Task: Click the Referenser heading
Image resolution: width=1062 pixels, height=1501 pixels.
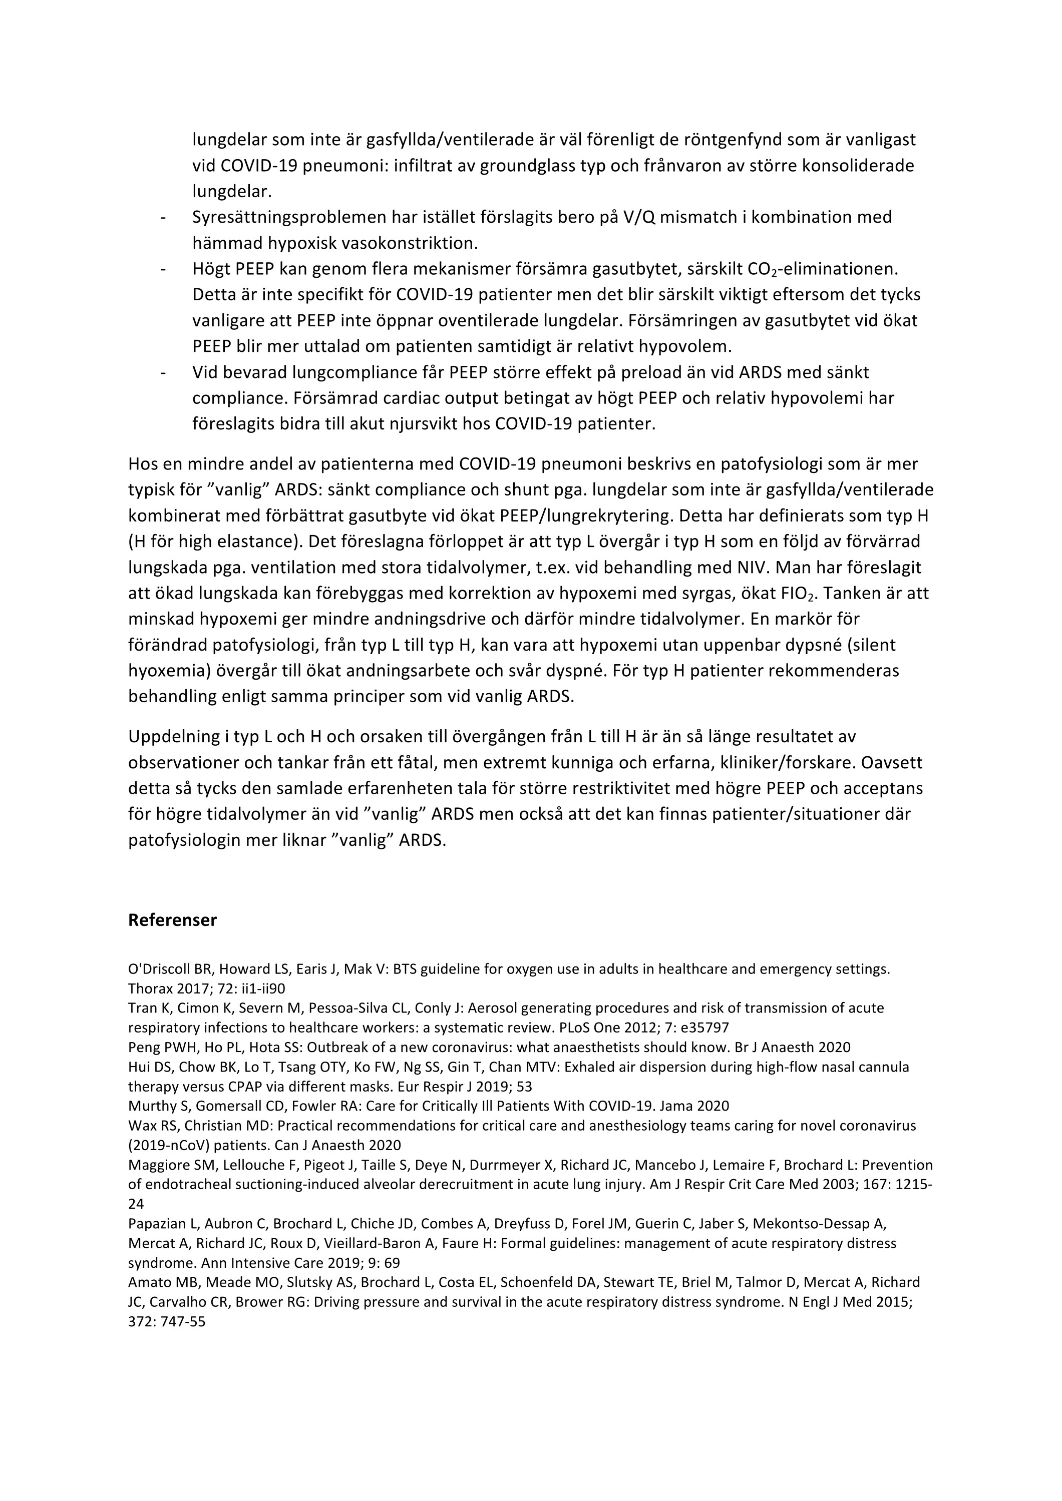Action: (x=172, y=920)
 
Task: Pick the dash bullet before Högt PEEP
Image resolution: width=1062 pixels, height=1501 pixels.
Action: (x=162, y=269)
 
